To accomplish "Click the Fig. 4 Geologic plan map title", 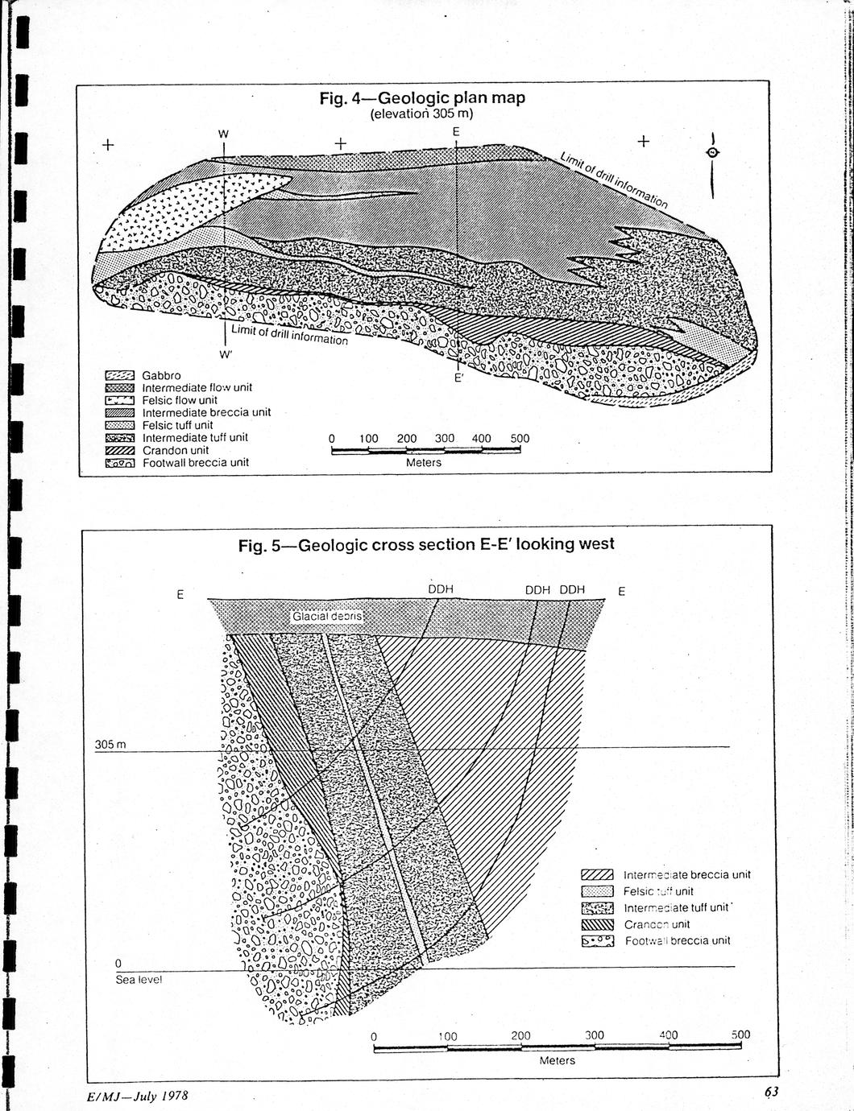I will click(x=422, y=98).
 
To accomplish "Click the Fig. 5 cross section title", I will click(x=426, y=545).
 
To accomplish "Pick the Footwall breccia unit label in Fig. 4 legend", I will click(x=196, y=463).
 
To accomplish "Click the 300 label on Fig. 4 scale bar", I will click(x=445, y=439).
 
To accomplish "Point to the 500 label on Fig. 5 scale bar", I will click(x=740, y=1035).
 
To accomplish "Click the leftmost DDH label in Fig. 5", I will click(x=440, y=589).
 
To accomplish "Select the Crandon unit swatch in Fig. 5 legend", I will click(x=598, y=924).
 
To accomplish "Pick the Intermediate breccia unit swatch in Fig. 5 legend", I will click(x=598, y=875).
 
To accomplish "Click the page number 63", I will click(x=772, y=1092).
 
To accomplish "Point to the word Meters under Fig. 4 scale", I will click(x=424, y=463).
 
